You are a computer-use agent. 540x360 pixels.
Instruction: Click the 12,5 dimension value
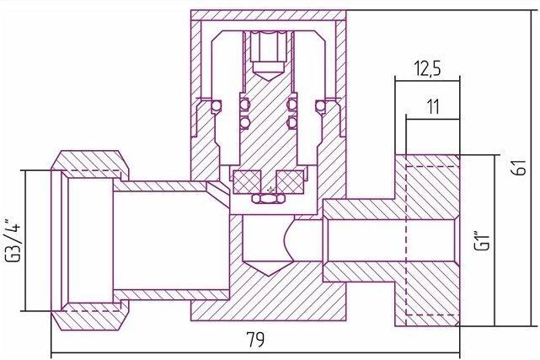coord(427,68)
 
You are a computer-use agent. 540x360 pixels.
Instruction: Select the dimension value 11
coord(433,107)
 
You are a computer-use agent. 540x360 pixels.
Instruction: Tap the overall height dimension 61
coord(521,168)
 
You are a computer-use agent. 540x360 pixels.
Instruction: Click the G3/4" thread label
coord(13,240)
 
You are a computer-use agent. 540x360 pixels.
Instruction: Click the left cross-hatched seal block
coord(247,181)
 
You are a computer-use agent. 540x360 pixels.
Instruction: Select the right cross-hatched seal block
coord(291,181)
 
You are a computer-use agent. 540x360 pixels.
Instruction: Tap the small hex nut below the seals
coord(268,198)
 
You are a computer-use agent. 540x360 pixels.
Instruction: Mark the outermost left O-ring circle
coord(217,105)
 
